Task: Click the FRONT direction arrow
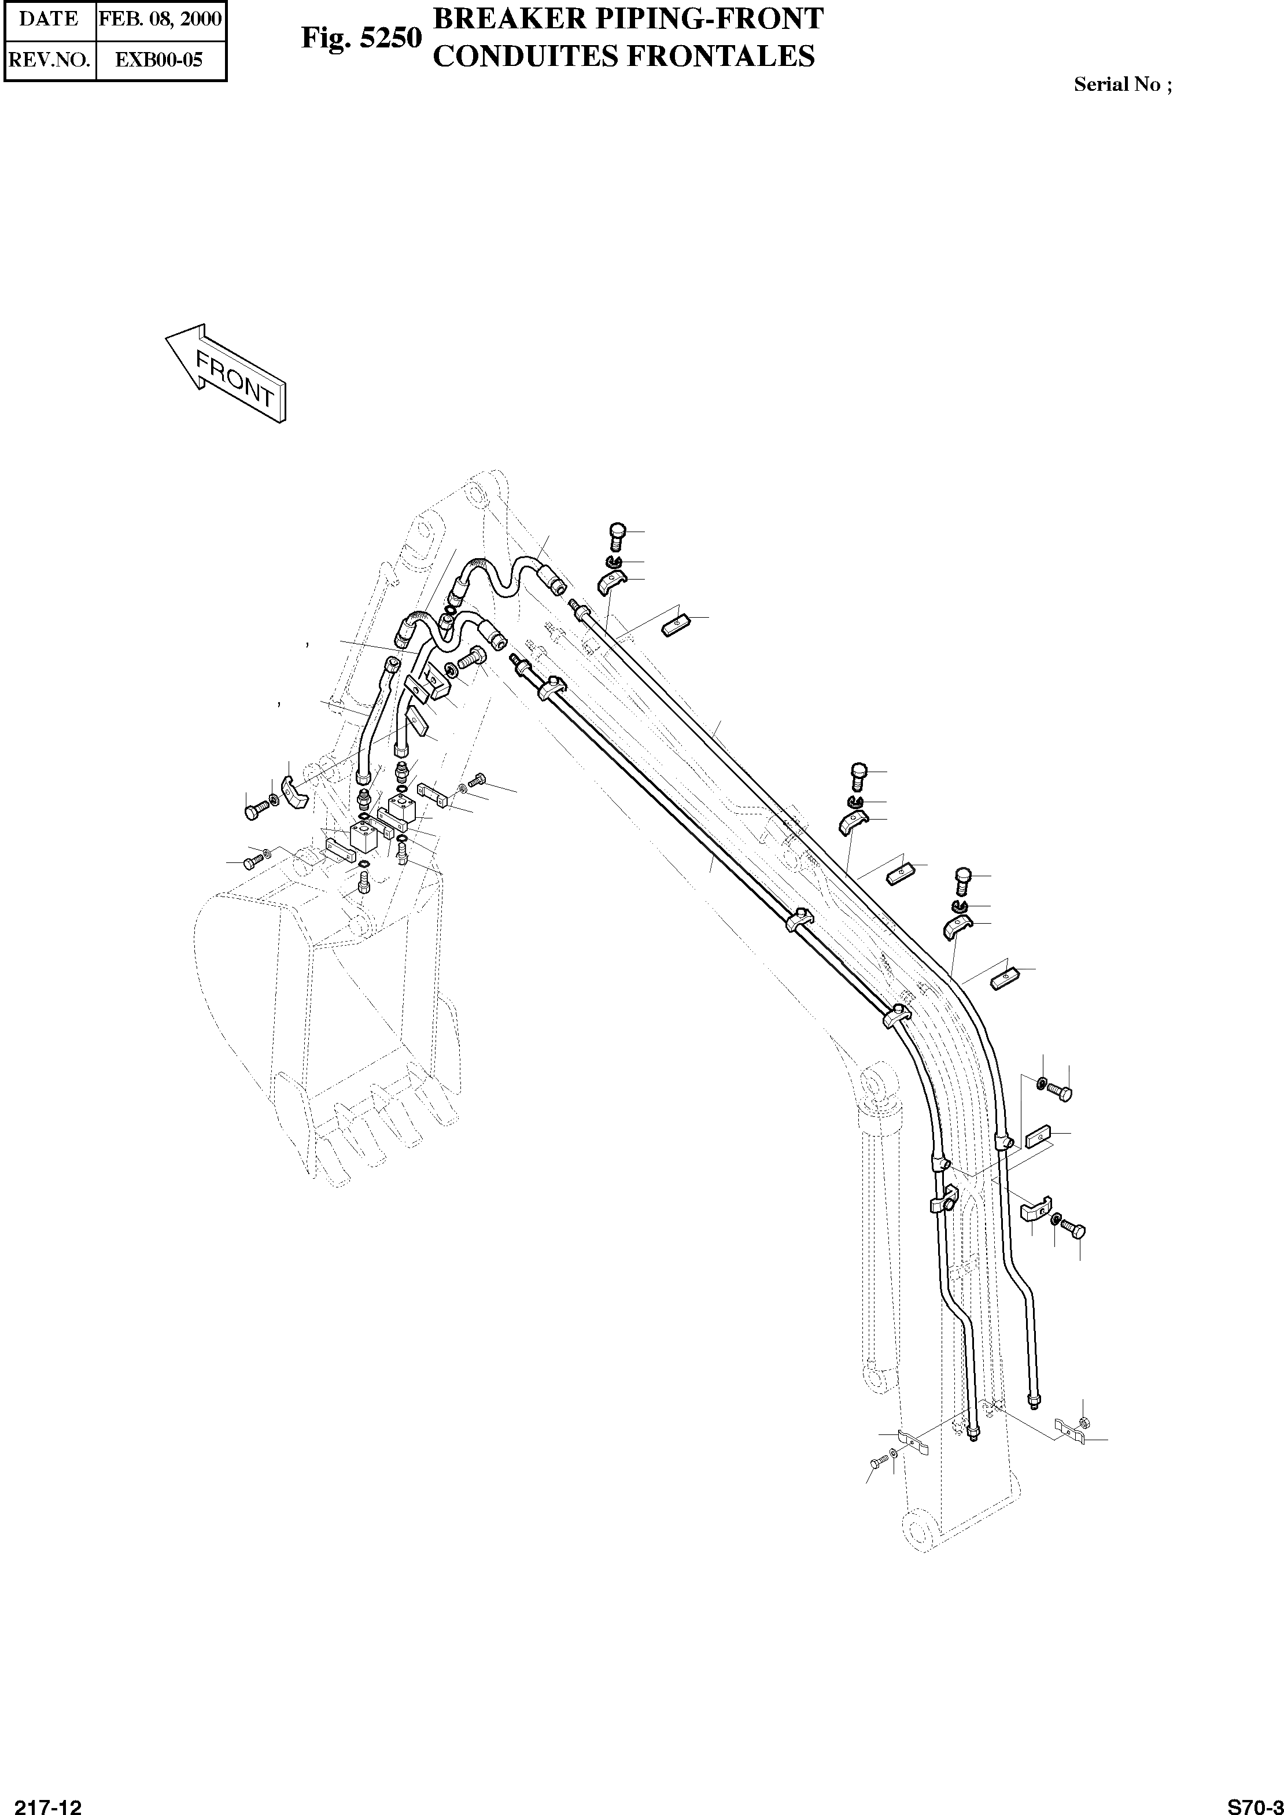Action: (x=226, y=373)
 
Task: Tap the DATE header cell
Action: (x=49, y=19)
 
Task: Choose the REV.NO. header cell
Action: (x=49, y=60)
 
